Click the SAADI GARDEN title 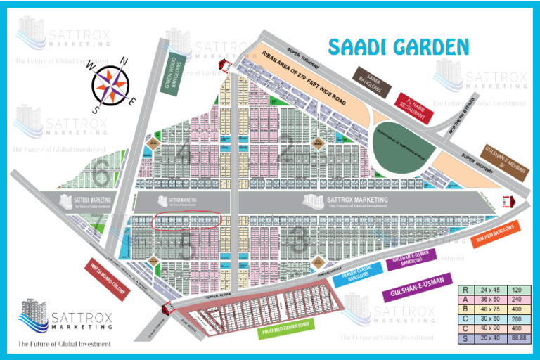coord(399,47)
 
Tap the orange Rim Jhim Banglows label coord(498,236)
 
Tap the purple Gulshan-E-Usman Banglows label coord(411,257)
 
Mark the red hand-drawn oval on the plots coord(186,220)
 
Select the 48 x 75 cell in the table coord(488,309)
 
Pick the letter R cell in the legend coord(465,290)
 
